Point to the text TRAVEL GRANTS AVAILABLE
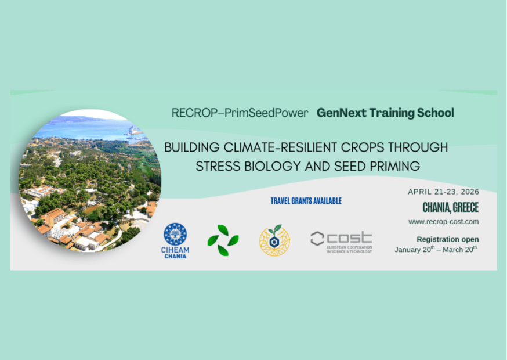306,201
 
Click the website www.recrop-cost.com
443,222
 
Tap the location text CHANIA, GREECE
450,208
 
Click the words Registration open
447,239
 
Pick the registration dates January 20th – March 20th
436,250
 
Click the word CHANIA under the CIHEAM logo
175,256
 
